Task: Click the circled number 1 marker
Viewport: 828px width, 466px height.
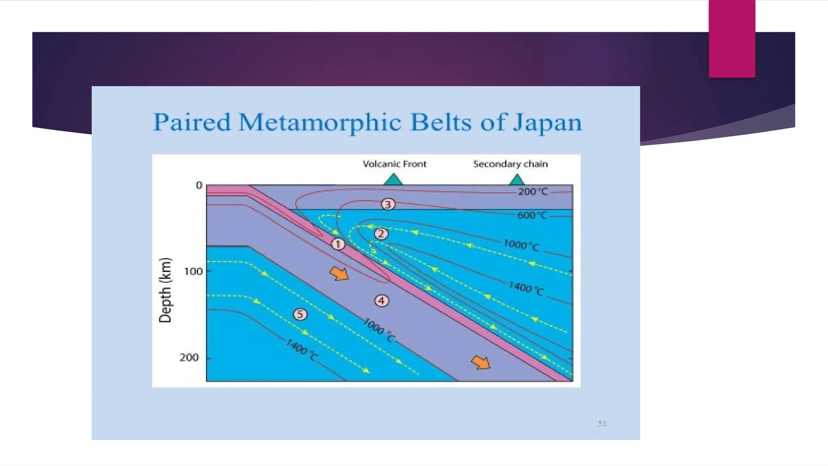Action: click(x=338, y=244)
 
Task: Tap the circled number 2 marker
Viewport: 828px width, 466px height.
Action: click(x=381, y=234)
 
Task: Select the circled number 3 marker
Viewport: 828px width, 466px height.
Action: click(x=388, y=204)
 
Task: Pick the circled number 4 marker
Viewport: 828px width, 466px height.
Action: click(x=382, y=301)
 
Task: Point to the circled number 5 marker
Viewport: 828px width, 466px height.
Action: click(x=300, y=314)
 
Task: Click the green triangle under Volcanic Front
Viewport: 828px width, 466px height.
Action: click(x=393, y=180)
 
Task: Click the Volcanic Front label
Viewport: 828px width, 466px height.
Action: click(x=394, y=164)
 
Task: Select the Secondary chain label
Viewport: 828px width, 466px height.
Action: click(x=510, y=164)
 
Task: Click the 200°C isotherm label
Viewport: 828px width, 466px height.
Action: click(x=532, y=192)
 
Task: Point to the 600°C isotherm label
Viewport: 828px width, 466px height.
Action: click(x=532, y=216)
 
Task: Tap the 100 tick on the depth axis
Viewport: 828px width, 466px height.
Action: click(x=193, y=271)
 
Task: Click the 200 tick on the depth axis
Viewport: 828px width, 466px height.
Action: click(x=189, y=358)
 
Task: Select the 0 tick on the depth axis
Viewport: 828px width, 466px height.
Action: click(x=199, y=185)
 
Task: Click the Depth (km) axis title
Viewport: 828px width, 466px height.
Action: click(x=165, y=290)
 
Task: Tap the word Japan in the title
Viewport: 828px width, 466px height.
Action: click(x=547, y=123)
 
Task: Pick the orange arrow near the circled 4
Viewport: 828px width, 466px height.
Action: click(x=339, y=273)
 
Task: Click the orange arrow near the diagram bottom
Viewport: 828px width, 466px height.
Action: click(x=481, y=362)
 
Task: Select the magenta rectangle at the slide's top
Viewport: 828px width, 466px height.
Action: click(x=732, y=38)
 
